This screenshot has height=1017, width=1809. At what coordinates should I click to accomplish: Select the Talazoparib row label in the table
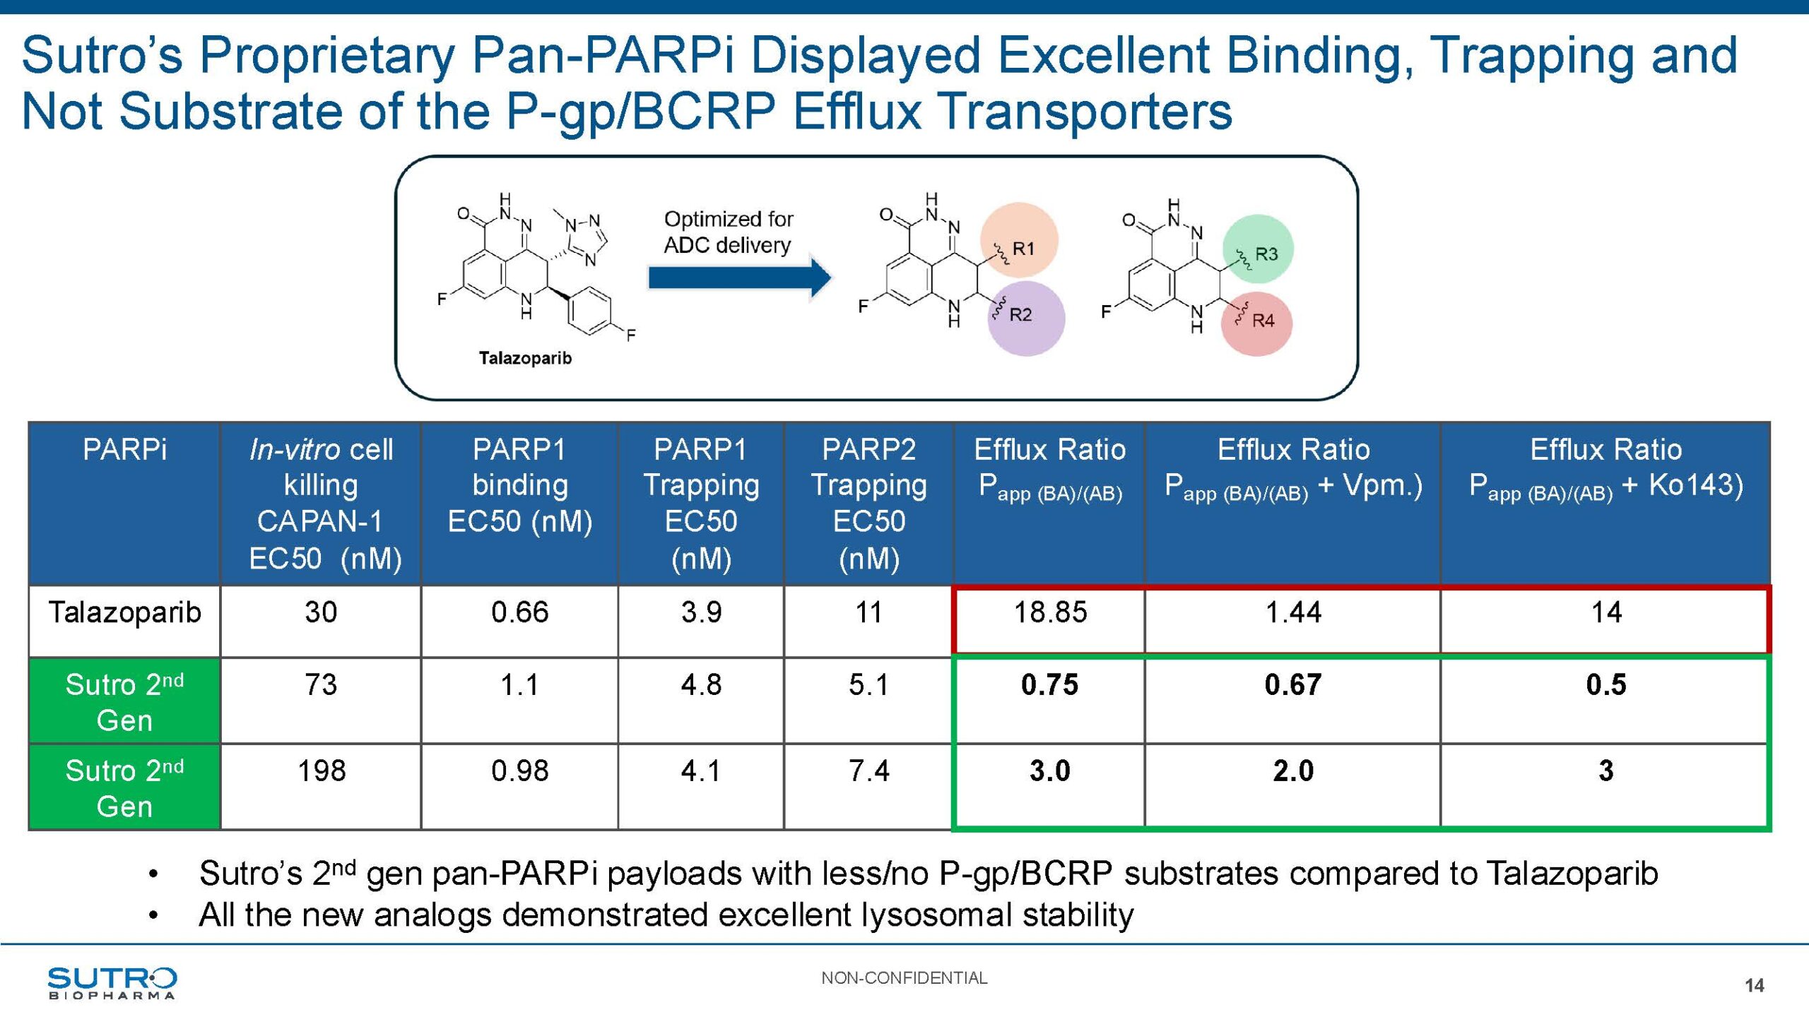coord(125,612)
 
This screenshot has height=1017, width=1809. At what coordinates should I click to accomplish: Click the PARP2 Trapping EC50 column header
coord(869,504)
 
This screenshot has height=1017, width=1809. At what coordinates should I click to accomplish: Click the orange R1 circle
coord(1019,241)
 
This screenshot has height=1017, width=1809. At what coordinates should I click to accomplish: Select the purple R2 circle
coord(1026,318)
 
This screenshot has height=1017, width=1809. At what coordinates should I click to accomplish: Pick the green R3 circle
coord(1258,249)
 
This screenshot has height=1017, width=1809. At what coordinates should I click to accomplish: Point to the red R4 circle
coord(1256,323)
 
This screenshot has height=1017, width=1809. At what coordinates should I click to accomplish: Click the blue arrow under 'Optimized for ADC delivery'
coord(740,278)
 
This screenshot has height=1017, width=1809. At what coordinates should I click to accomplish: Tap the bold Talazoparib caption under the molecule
coord(525,358)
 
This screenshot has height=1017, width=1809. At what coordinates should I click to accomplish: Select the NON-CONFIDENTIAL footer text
coord(904,978)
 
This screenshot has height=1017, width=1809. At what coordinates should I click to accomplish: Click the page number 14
coord(1754,985)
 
